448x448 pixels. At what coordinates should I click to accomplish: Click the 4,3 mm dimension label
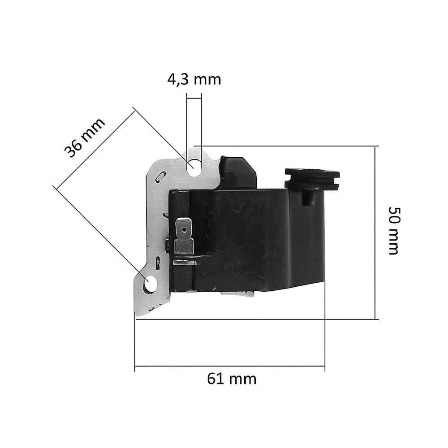pos(194,79)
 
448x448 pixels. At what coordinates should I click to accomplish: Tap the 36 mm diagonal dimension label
pos(84,138)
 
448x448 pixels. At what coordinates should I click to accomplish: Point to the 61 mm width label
pos(232,379)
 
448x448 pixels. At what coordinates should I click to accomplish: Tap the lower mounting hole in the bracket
pos(149,284)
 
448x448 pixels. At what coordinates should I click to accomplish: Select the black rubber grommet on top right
pos(312,180)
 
